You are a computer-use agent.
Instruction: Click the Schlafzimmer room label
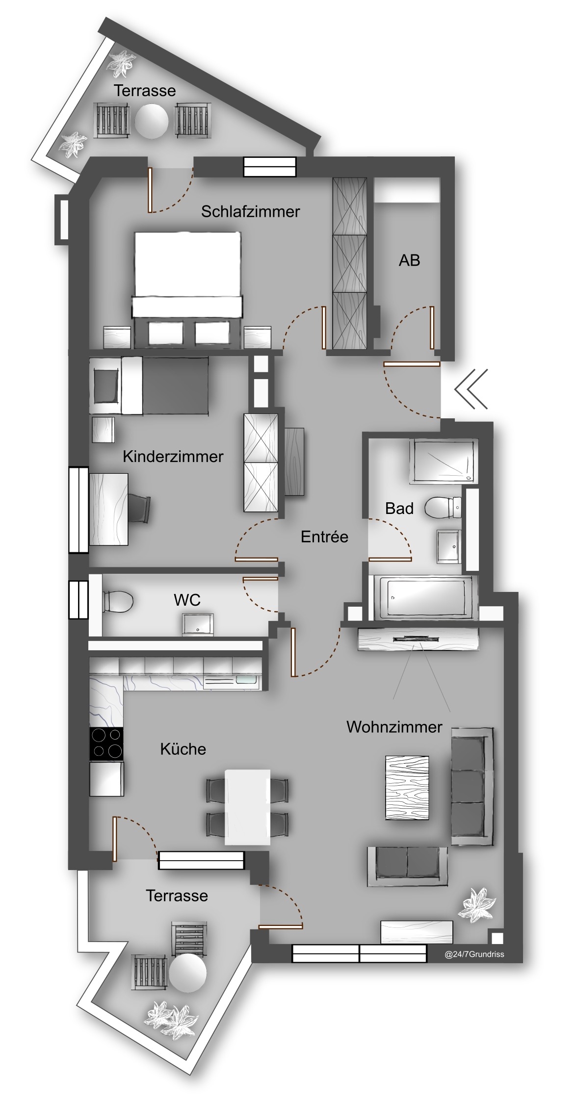[250, 212]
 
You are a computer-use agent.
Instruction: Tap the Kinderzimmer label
[173, 457]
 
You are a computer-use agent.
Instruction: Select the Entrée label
[324, 537]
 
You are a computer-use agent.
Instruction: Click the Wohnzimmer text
[394, 727]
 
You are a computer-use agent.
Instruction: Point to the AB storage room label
[409, 260]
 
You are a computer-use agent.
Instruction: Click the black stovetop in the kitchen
[106, 744]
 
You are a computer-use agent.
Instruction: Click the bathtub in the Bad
[425, 598]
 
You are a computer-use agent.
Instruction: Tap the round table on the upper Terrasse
[152, 121]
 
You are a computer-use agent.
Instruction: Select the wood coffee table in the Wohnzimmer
[407, 788]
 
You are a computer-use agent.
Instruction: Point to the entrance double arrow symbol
[472, 389]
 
